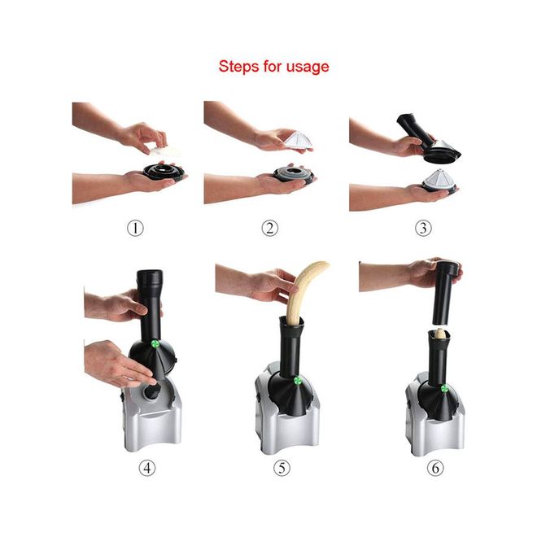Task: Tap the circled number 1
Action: tap(135, 228)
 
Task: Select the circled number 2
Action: tap(270, 228)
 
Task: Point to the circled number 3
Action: tap(423, 228)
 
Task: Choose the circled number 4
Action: tap(147, 468)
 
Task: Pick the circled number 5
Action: tap(282, 468)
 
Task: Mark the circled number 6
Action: tap(435, 468)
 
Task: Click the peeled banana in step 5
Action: tap(301, 291)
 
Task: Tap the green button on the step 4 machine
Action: tap(155, 344)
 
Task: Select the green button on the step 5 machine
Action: tap(297, 380)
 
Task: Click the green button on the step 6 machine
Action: tap(444, 388)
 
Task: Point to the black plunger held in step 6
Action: tap(443, 293)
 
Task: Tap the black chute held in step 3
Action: tap(427, 138)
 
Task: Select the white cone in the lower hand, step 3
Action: tap(439, 179)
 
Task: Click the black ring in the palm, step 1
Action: tap(164, 172)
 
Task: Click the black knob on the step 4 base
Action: tap(153, 391)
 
